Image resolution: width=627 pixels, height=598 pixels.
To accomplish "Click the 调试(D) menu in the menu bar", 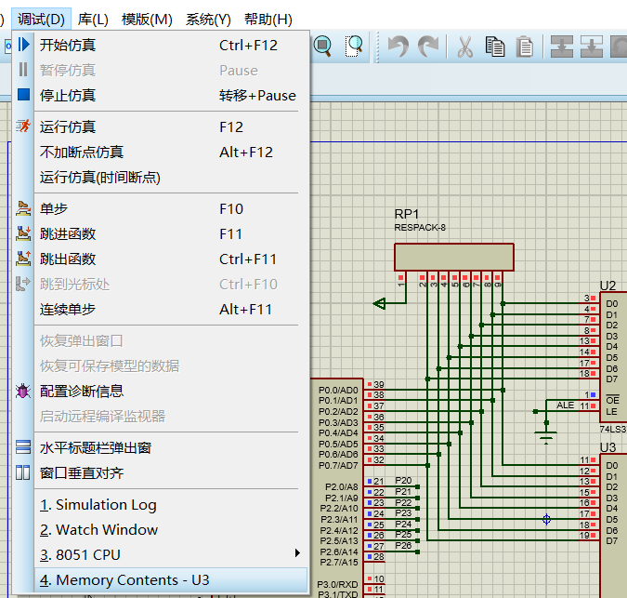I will tap(42, 19).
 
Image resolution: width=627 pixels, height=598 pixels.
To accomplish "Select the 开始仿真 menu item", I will tap(68, 45).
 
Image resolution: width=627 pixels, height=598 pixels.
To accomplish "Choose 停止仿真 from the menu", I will tap(68, 95).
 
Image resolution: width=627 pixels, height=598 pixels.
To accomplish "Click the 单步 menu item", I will tap(54, 208).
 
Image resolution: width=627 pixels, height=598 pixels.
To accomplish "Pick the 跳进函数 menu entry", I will tap(68, 233).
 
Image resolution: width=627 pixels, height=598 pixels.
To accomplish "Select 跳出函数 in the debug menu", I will tap(68, 259).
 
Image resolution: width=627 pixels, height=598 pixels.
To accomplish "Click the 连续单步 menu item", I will tap(68, 309).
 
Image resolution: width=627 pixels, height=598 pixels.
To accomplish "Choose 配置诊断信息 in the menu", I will tap(82, 391).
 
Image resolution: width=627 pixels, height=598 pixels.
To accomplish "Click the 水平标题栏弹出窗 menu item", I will tap(96, 447).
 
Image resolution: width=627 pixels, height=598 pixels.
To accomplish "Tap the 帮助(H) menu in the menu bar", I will tap(268, 19).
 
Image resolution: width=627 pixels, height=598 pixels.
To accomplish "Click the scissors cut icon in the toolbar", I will tap(464, 46).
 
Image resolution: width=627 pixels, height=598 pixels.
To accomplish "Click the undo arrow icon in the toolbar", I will tap(398, 46).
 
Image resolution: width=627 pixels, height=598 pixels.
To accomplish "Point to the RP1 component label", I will tap(407, 214).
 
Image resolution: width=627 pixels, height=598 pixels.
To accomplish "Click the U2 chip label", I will tap(607, 286).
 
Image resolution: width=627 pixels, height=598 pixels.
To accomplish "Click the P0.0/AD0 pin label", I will tap(337, 390).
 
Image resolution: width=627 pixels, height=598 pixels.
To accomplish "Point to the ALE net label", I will tap(565, 405).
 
